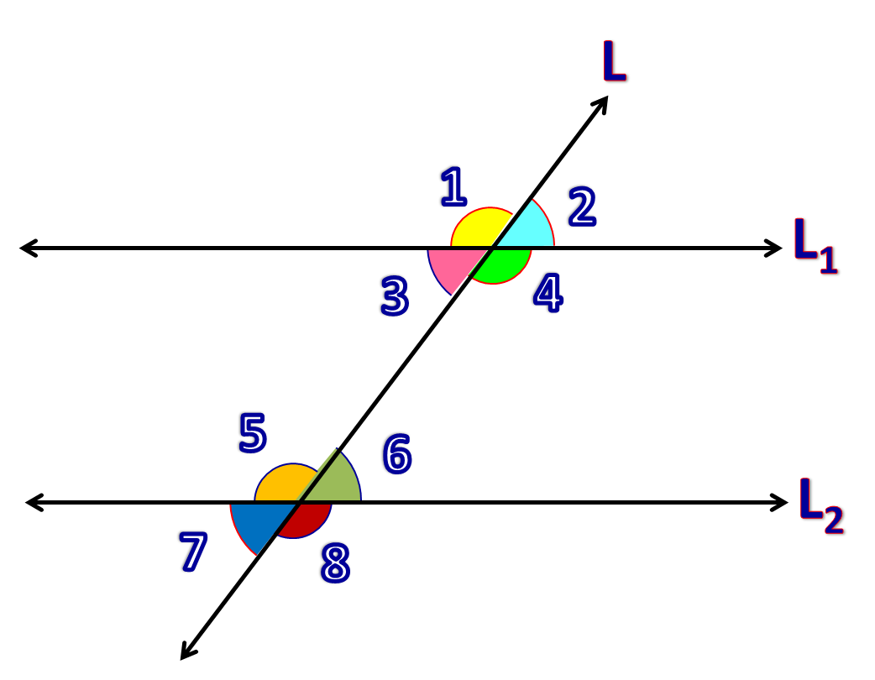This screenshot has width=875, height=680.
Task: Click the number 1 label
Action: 453,187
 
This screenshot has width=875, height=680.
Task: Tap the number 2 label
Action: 581,207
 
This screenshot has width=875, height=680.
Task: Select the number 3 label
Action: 394,296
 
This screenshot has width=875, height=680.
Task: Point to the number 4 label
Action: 547,295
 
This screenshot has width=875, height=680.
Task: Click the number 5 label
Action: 252,434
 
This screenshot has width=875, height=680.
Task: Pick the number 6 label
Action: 396,454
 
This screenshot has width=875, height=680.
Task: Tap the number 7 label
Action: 191,553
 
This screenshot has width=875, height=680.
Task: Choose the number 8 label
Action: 334,563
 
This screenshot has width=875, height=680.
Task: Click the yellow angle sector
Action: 478,229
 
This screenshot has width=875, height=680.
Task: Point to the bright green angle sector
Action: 503,264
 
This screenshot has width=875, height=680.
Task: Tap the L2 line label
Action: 821,507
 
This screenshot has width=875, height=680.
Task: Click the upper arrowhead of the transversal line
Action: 603,102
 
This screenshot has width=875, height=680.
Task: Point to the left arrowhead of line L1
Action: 27,248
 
